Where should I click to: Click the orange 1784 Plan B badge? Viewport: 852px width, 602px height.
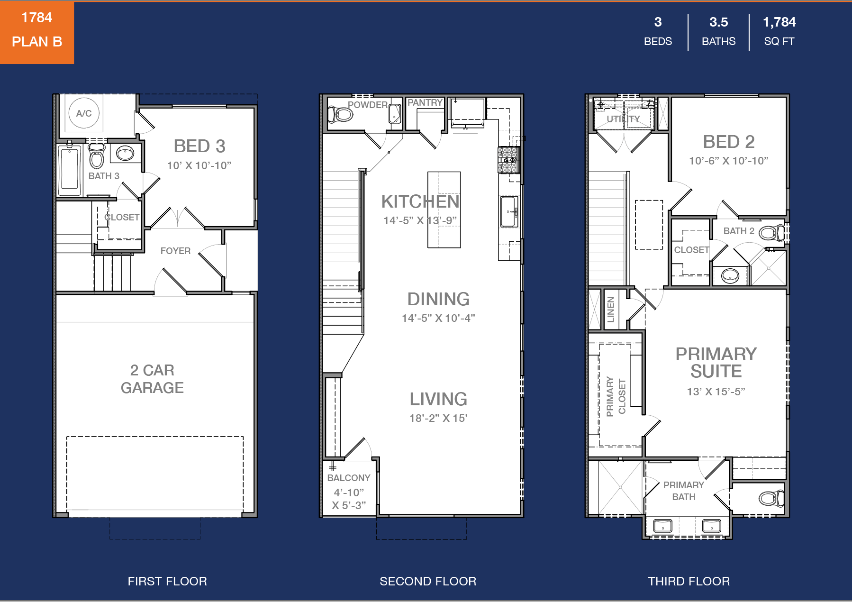point(37,32)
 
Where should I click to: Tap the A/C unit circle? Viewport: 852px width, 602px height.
point(84,113)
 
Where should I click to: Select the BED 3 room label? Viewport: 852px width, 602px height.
point(199,146)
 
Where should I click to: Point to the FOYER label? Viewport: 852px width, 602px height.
point(175,251)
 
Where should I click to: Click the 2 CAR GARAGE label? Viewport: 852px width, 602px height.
point(152,379)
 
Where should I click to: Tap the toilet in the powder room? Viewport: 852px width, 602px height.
point(340,114)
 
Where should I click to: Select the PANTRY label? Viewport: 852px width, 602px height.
point(425,102)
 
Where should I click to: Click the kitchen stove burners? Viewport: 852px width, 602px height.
point(508,160)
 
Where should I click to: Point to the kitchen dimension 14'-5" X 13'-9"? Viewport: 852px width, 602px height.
point(420,220)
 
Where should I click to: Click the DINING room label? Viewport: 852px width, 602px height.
point(438,299)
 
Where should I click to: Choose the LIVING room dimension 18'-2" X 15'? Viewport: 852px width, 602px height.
point(438,418)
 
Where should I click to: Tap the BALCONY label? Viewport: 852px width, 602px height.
point(349,478)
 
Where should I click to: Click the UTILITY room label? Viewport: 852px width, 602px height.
point(623,119)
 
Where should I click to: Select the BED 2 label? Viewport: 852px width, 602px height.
point(728,142)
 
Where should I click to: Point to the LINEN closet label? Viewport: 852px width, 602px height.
point(610,309)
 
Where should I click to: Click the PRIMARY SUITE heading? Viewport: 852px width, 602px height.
point(716,363)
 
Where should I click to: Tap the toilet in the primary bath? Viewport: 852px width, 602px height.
point(771,498)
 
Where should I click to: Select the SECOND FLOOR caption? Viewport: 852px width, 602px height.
point(428,581)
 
